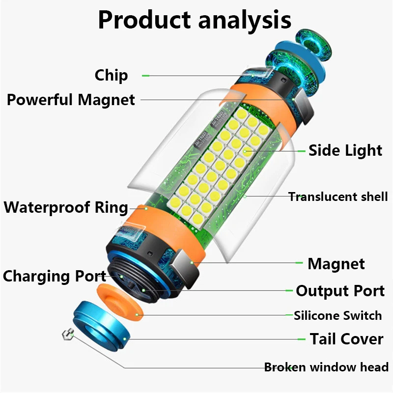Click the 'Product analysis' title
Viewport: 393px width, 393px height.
[195, 20]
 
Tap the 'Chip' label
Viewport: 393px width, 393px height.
[111, 75]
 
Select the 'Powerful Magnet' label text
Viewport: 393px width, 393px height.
[70, 100]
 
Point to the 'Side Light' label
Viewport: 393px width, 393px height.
[345, 150]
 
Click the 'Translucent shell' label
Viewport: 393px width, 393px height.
[337, 197]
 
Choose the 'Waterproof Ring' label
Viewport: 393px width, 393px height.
[66, 207]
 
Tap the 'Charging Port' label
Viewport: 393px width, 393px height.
[54, 276]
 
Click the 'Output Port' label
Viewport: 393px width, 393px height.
[340, 291]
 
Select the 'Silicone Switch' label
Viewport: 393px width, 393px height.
[337, 315]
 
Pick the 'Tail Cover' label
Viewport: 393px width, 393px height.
[346, 339]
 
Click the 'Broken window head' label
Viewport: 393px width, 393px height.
[326, 367]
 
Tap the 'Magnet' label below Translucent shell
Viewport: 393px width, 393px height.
[336, 264]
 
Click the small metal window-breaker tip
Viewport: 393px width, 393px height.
[67, 336]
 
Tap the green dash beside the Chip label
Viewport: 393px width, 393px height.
[145, 76]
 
